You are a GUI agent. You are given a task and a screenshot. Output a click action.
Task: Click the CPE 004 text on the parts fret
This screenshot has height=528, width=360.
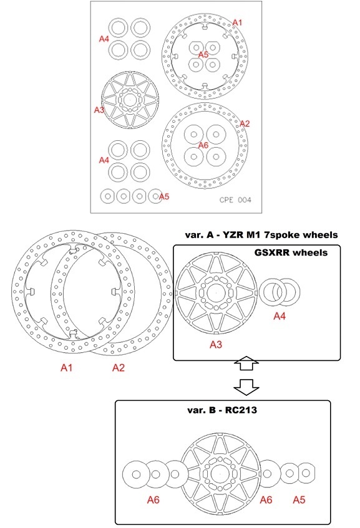click(x=235, y=199)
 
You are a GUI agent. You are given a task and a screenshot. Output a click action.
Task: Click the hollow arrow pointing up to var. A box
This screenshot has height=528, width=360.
click(x=246, y=363)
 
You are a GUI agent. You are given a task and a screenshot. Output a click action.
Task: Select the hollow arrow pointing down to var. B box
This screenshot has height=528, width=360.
click(x=246, y=387)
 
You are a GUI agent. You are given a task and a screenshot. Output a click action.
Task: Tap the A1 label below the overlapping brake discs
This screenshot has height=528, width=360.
click(x=66, y=368)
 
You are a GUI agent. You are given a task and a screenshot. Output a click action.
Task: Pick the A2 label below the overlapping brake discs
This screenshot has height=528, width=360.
click(x=119, y=368)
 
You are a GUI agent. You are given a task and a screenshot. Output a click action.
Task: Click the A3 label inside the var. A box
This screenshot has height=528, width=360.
click(x=216, y=345)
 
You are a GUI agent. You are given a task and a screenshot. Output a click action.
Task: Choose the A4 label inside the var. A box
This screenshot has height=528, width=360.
click(x=280, y=316)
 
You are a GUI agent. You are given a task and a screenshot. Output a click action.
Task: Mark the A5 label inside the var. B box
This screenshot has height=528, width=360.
click(x=299, y=500)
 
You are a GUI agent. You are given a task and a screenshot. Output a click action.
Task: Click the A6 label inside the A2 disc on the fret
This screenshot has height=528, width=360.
click(x=203, y=145)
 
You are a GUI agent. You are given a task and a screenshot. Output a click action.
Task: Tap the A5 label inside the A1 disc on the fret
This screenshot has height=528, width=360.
click(x=203, y=55)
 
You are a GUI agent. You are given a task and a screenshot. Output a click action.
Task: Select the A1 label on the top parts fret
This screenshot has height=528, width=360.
click(x=237, y=22)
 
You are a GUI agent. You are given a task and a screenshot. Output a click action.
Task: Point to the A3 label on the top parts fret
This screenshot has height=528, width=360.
click(x=99, y=110)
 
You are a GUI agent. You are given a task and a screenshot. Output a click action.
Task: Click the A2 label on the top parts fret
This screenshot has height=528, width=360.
click(x=245, y=123)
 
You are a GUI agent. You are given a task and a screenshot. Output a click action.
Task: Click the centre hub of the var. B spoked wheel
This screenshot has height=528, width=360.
click(x=220, y=474)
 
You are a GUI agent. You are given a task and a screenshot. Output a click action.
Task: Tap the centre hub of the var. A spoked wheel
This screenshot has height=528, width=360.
click(x=216, y=293)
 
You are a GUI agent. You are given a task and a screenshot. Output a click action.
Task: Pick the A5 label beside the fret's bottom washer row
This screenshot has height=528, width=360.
click(x=164, y=196)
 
